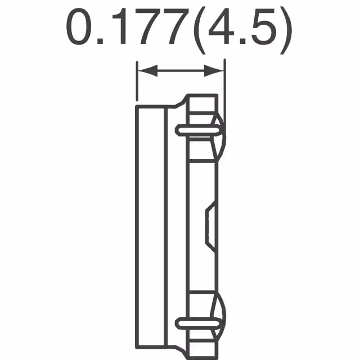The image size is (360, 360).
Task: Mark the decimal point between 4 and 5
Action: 241,42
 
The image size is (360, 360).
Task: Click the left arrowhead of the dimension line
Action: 143,70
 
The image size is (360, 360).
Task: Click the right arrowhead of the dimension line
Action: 217,70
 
